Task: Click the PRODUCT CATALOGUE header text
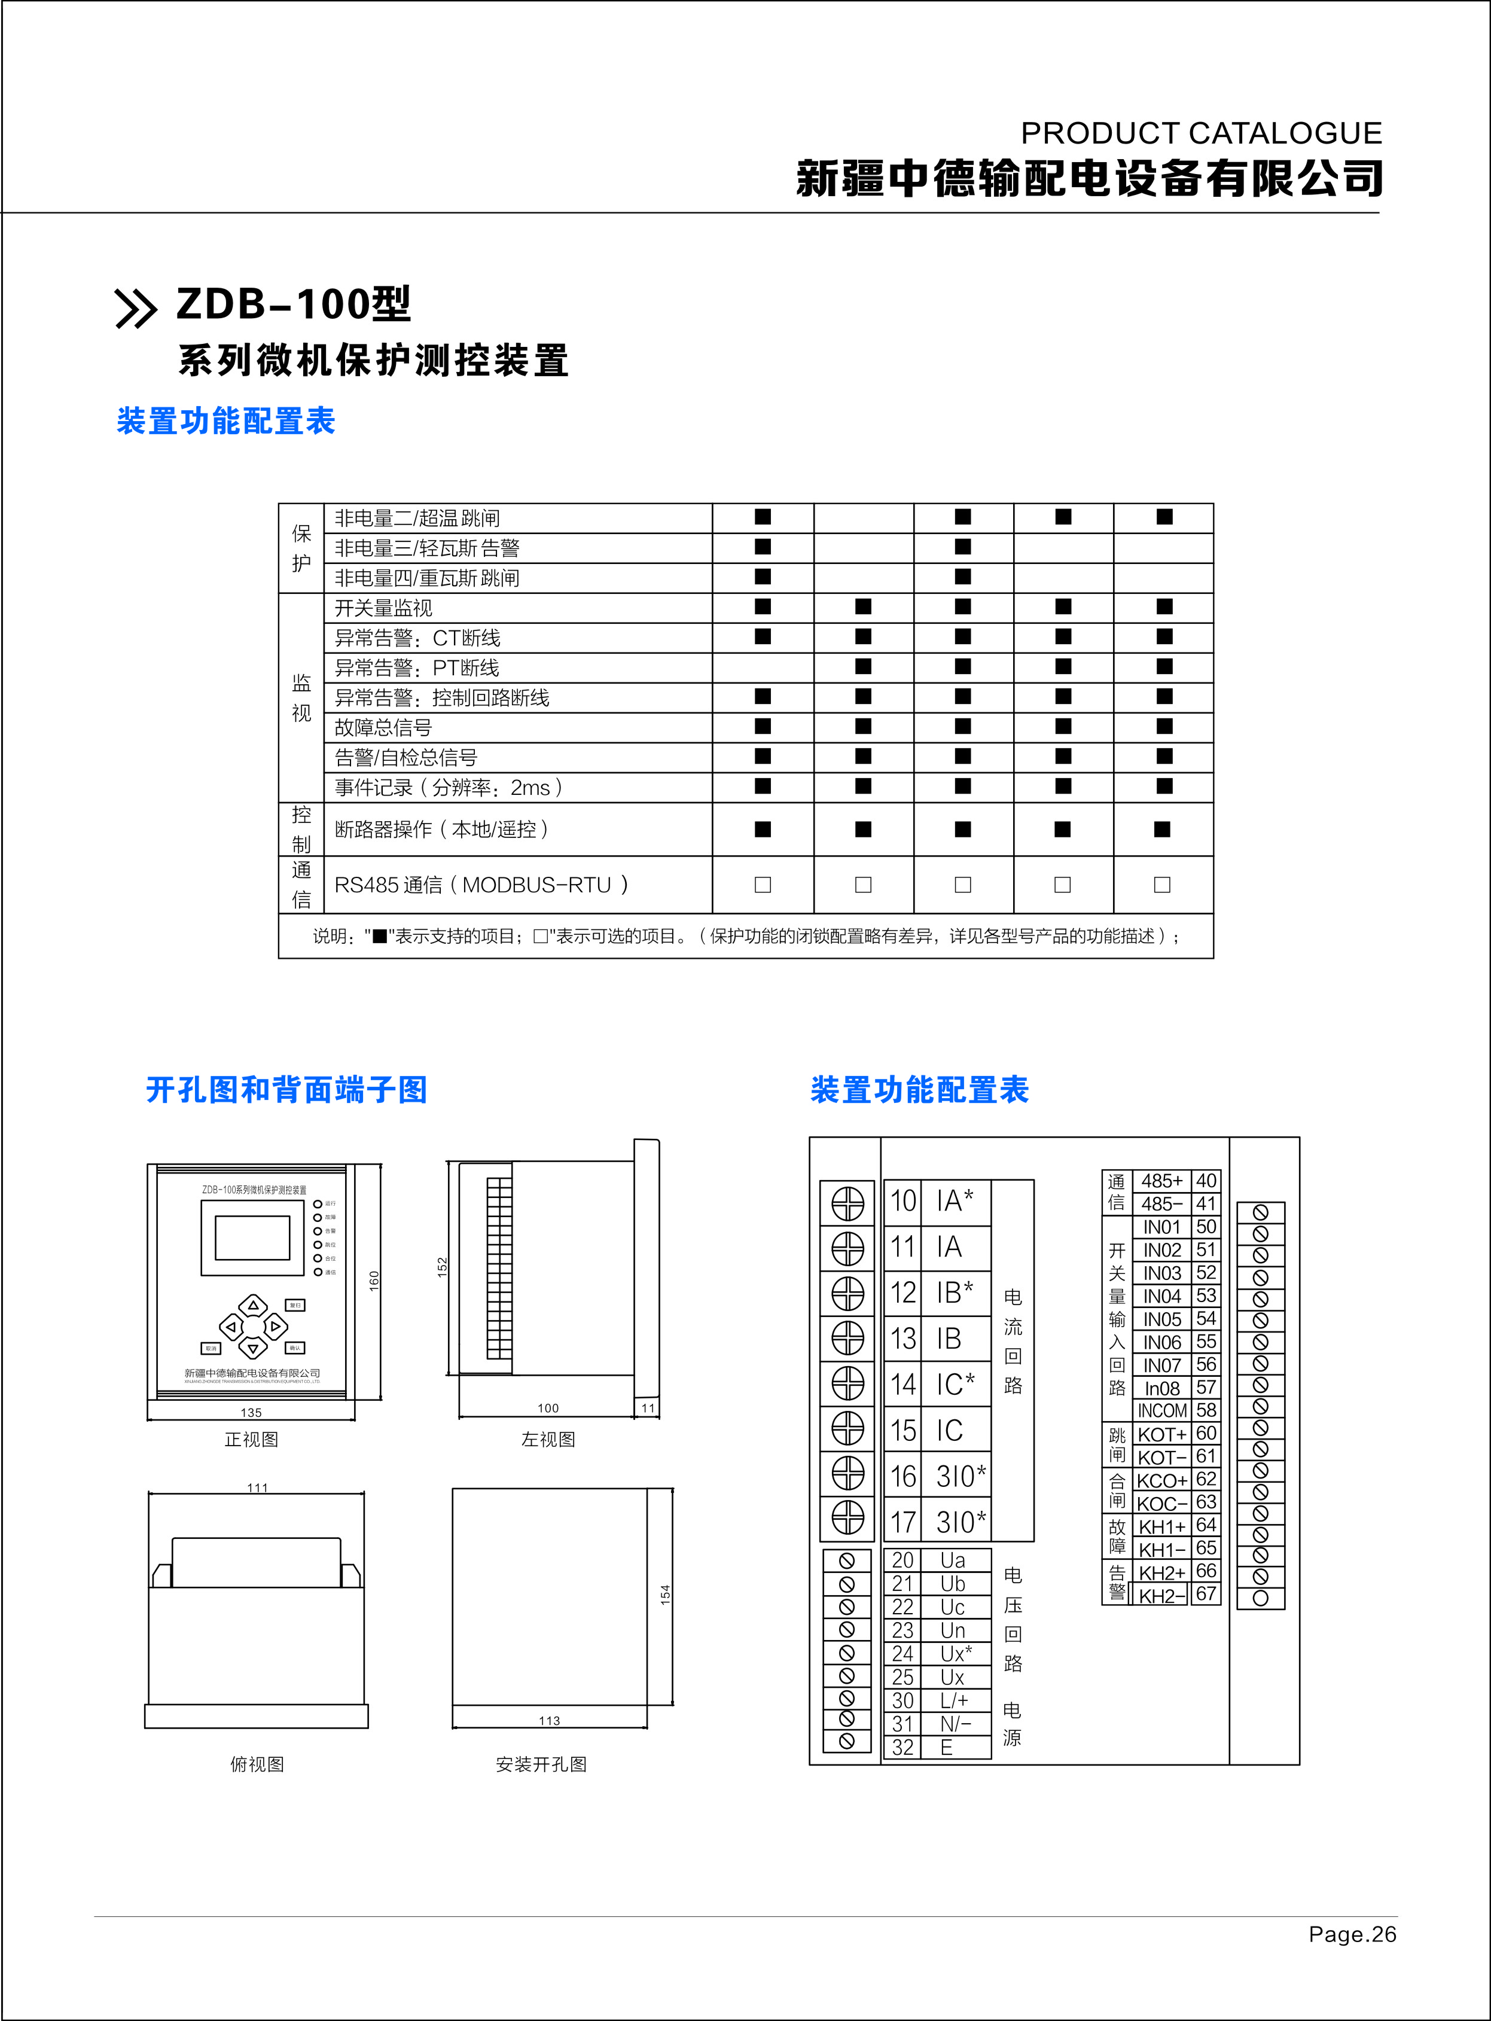pos(1200,133)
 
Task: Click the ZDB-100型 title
pos(293,304)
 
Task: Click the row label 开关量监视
pos(383,608)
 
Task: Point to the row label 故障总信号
pos(383,727)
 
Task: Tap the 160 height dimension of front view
pos(374,1281)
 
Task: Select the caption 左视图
pos(548,1440)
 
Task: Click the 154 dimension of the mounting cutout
pos(665,1593)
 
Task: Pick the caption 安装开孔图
pos(541,1764)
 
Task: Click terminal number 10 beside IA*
pos(904,1202)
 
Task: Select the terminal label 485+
pos(1161,1181)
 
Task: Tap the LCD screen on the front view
pos(253,1237)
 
